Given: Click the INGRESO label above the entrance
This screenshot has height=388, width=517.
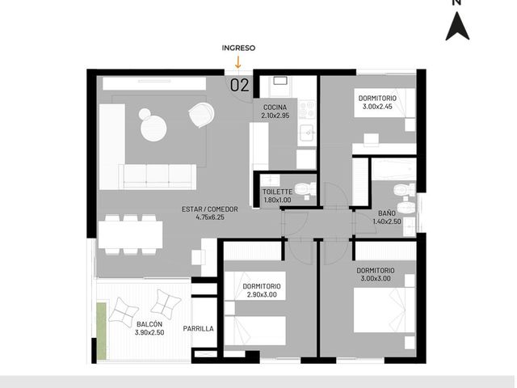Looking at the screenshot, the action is coord(238,48).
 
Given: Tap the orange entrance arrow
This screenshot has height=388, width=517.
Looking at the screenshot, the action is coord(237,61).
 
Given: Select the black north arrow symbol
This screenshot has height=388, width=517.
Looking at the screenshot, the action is coord(457,26).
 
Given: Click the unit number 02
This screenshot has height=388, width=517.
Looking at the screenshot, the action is coord(240,85).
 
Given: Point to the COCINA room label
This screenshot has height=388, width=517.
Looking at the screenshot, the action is coord(275,108).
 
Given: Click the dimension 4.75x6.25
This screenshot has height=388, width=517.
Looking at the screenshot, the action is coord(210,217).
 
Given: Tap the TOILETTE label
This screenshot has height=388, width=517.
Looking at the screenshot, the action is coord(277,192).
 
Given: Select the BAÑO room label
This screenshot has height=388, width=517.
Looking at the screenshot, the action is coord(387,213).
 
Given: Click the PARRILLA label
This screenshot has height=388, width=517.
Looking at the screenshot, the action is coord(198,329).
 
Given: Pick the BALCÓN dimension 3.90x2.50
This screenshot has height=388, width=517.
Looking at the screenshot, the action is coord(149,332).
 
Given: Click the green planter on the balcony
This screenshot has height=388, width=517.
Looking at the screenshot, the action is coord(102,331).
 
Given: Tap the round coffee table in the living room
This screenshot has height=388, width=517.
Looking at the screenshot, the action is coord(153,129).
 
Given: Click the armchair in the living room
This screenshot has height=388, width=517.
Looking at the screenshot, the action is coord(202,115).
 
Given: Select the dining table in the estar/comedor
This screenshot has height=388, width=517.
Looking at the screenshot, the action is coord(131,234).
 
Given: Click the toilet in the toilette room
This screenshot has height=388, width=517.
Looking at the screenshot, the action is coord(305,190).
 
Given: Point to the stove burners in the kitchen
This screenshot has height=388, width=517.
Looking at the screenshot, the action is coord(307,109).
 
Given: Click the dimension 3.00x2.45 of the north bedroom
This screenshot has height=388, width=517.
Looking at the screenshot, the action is coord(377,107).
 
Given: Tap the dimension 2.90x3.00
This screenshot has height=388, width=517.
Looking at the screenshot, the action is coord(262,294).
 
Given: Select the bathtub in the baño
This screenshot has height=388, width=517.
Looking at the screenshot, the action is coord(393,169).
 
